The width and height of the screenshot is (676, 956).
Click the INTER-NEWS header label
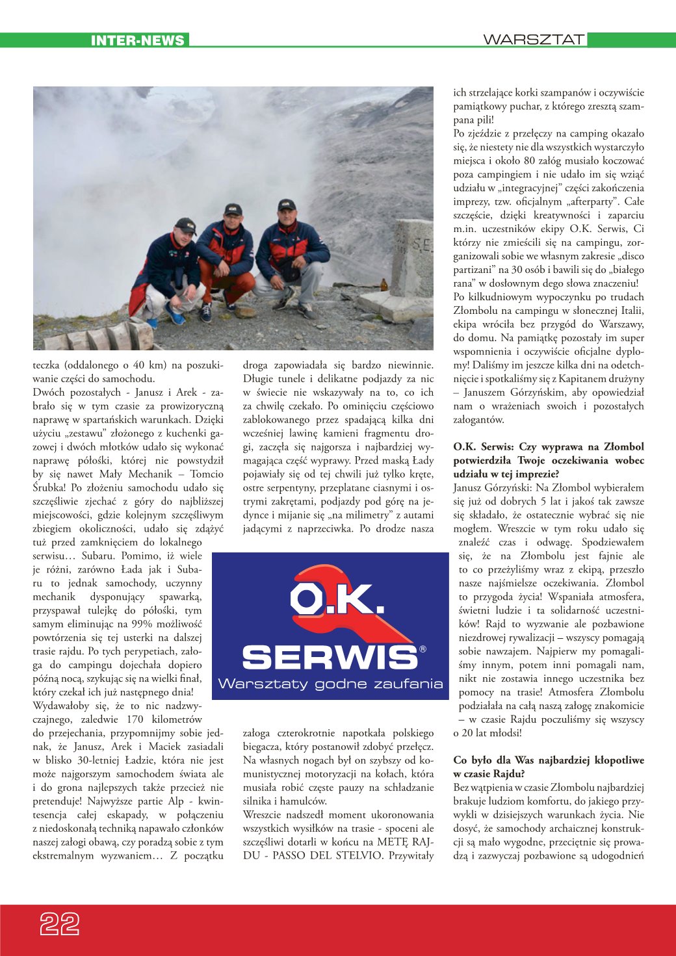point(137,40)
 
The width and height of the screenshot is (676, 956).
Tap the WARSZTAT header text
point(533,40)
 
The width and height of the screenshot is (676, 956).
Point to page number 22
point(60,924)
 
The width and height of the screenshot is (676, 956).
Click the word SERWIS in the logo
point(330,657)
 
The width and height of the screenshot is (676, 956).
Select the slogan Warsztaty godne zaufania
point(330,684)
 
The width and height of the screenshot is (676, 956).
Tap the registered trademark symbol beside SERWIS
point(422,649)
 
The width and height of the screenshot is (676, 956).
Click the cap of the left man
point(187,224)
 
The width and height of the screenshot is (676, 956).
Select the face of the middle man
point(232,222)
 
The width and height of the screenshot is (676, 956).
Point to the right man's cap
point(286,205)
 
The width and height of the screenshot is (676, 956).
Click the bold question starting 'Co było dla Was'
point(548,766)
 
